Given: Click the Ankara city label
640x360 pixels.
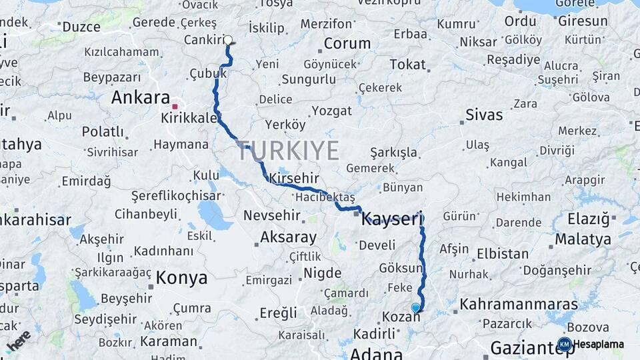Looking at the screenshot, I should tap(141, 97).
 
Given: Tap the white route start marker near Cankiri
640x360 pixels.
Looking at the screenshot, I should tap(229, 40).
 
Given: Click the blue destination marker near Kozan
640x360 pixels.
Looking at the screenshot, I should tap(416, 307).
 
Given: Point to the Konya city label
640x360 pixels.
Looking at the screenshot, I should tap(181, 277).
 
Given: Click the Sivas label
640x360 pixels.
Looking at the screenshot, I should tap(484, 115).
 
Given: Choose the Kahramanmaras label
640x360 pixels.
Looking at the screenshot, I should tap(519, 305).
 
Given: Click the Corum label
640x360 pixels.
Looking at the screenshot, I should tap(347, 44).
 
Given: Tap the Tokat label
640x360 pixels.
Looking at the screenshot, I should tap(407, 64).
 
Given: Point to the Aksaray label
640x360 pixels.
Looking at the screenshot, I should tap(288, 237).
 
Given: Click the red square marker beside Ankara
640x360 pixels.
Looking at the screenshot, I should tap(175, 106).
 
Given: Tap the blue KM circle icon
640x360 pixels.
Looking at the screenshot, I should tap(564, 344).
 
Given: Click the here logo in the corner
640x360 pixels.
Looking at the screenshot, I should tap(18, 340).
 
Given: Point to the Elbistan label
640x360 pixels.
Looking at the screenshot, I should tap(502, 253).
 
